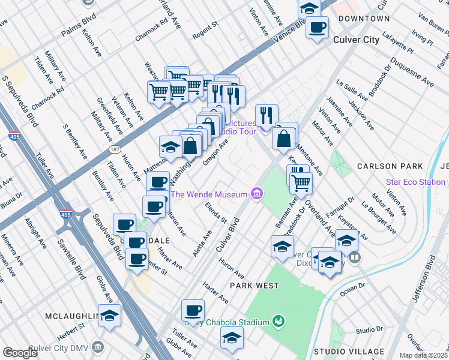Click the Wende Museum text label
209,194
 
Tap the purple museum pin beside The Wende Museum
257,193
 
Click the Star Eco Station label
415,181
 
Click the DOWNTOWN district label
364,19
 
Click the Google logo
20,353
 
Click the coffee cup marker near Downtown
317,27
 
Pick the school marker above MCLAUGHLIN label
110,316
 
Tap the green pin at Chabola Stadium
277,322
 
